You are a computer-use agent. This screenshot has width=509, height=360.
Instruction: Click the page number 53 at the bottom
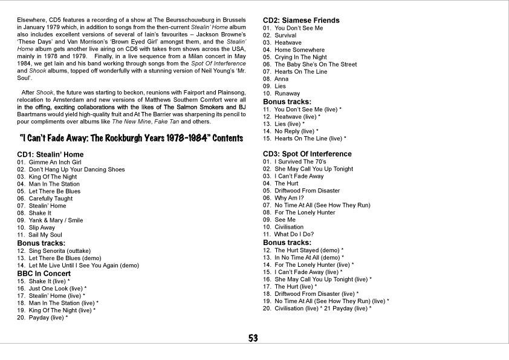[x=253, y=338]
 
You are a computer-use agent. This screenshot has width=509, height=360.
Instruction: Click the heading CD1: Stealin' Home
[x=50, y=154]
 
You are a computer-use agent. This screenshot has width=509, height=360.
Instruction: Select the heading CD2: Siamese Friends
[x=301, y=20]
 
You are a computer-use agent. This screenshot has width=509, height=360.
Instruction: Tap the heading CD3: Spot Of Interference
[x=307, y=154]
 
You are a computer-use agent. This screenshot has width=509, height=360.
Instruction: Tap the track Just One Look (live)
[x=57, y=288]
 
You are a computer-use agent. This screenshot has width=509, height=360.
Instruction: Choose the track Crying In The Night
[x=300, y=57]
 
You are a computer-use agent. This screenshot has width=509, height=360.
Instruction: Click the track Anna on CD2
[x=282, y=79]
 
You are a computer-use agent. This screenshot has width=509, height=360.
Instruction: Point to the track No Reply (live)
[x=296, y=131]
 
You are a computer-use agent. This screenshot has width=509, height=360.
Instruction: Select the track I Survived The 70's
[x=300, y=162]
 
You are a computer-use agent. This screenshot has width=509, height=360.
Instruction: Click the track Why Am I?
[x=289, y=198]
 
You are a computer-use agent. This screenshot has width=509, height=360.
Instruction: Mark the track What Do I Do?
[x=294, y=234]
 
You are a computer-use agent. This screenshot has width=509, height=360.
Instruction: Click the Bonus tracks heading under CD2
[x=287, y=102]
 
